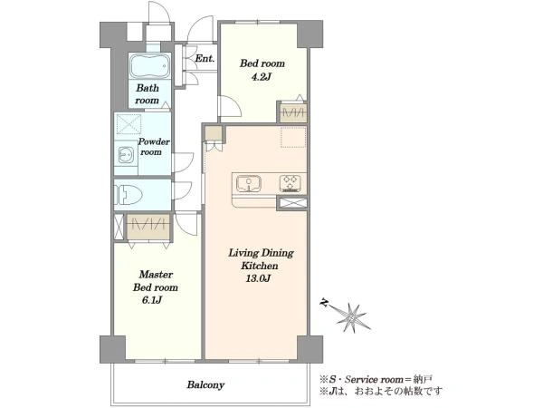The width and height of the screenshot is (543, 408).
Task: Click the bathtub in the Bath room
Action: point(150,66)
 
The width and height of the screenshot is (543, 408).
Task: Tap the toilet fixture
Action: point(128,195)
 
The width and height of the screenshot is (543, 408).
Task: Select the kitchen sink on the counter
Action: point(248,183)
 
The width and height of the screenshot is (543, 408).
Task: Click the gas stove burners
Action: point(291,183)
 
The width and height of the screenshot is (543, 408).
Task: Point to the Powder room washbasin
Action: point(125,155)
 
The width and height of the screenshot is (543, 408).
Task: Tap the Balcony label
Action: point(205,384)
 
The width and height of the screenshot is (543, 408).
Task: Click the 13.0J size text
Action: point(258,278)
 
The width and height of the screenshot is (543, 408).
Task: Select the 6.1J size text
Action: point(152,300)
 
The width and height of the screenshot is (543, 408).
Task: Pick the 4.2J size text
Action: point(261,77)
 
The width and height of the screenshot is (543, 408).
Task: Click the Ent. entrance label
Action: point(205,58)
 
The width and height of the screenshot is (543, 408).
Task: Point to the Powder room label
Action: point(154,147)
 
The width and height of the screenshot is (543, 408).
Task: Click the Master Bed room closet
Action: point(148,227)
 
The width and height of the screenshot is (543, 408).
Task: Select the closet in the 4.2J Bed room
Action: point(293,112)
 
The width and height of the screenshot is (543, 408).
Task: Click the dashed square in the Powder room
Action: point(129,124)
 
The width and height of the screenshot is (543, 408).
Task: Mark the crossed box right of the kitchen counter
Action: point(292,204)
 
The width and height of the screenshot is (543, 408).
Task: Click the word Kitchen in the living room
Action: point(260,266)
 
